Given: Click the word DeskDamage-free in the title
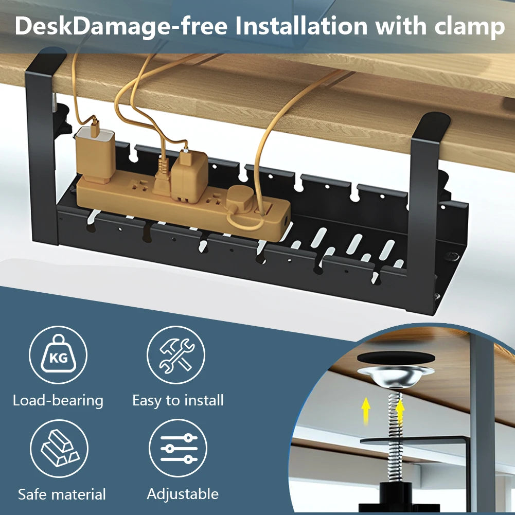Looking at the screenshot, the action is click(121, 27).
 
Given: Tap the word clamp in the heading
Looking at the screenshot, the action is click(470, 26).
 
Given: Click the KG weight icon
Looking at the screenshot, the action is click(58, 354).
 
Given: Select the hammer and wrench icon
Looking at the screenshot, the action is click(176, 354).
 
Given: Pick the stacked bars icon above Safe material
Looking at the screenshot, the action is click(59, 449).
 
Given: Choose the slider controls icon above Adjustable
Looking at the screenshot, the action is click(178, 448).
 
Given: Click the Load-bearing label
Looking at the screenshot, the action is click(58, 400).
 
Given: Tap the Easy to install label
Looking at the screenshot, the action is click(177, 400).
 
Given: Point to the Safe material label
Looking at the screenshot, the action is click(62, 494).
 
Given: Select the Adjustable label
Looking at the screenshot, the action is click(183, 494).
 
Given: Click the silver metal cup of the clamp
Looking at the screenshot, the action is click(396, 377).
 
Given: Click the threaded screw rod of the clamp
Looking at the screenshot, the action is click(395, 436).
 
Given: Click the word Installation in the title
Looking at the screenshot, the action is click(301, 26).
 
